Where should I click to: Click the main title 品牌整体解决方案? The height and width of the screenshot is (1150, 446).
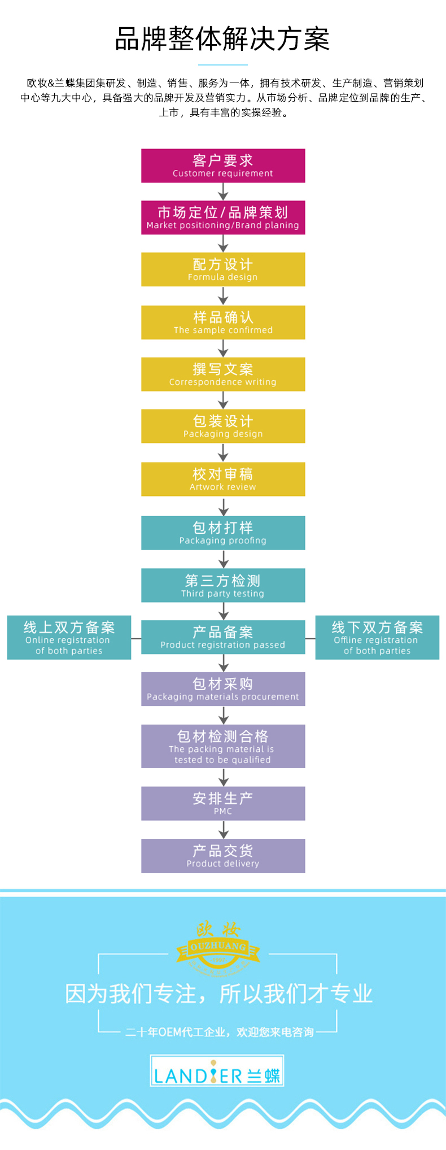(x=222, y=39)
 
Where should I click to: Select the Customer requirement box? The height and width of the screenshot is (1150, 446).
(x=223, y=165)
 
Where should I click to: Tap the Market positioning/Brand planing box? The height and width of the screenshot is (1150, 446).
(x=223, y=217)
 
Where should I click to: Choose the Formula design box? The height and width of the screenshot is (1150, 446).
(x=223, y=269)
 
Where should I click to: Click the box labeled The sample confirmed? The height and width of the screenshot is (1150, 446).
(x=223, y=323)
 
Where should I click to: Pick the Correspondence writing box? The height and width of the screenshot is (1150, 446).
(x=223, y=374)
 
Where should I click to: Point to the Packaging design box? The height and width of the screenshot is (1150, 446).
(x=223, y=426)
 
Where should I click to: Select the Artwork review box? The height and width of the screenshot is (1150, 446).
(x=223, y=480)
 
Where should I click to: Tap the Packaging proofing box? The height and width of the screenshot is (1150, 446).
(x=223, y=533)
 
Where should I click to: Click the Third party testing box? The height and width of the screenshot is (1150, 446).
(x=223, y=585)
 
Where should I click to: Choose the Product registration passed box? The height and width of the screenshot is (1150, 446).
(x=223, y=637)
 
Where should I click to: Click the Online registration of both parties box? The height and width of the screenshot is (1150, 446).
(x=69, y=638)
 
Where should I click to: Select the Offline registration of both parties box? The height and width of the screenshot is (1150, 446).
(x=377, y=638)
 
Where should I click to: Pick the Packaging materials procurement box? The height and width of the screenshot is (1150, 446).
(x=223, y=689)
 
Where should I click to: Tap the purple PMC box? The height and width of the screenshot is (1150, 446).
(x=223, y=803)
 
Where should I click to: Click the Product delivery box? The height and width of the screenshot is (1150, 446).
(x=223, y=856)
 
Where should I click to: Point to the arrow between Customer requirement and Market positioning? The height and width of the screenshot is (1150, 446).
(x=224, y=191)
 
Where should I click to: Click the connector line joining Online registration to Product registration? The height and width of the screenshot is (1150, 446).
(x=136, y=638)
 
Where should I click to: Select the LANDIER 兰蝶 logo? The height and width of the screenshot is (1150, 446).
(x=217, y=1070)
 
